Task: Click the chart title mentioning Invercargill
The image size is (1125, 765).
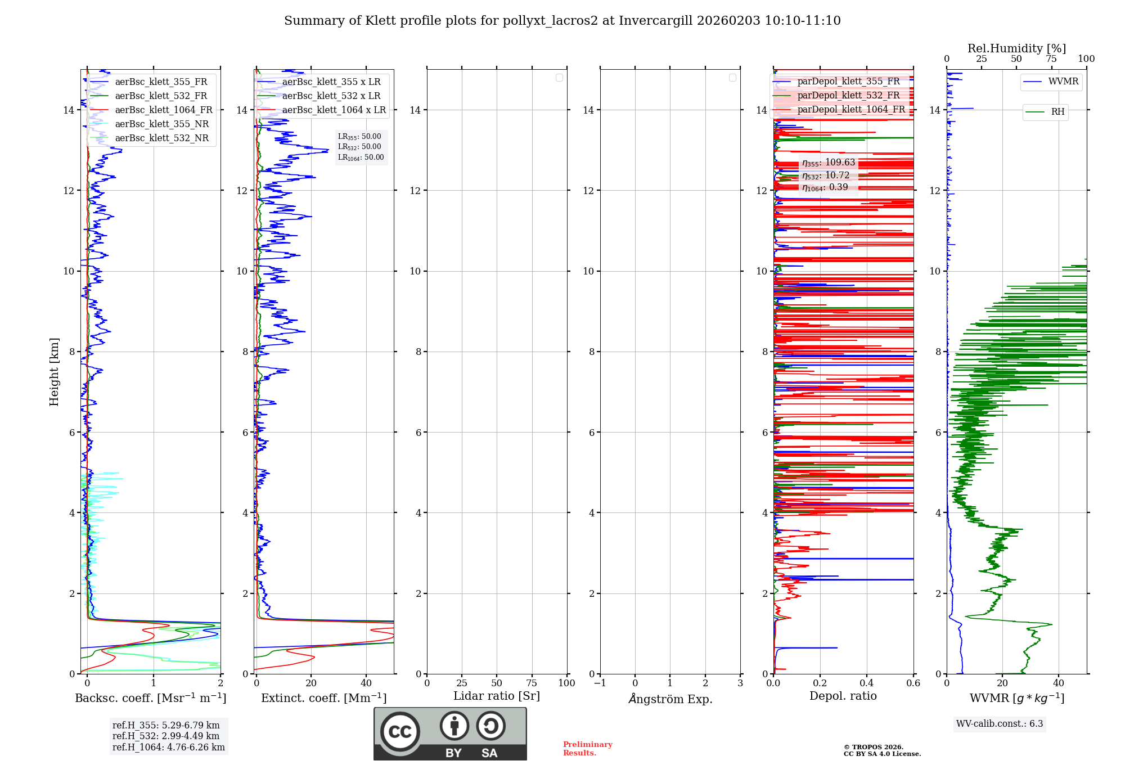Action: [x=562, y=21]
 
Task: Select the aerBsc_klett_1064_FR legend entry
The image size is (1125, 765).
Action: [x=163, y=110]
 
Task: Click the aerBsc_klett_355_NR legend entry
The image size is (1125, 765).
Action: [x=161, y=124]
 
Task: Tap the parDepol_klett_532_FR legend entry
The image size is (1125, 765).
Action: [x=848, y=96]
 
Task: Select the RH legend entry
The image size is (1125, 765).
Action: [x=1057, y=112]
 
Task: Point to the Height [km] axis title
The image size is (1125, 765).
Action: [x=54, y=372]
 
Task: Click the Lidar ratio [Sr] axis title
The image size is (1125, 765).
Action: [x=497, y=696]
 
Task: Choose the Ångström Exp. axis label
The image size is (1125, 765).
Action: [x=670, y=699]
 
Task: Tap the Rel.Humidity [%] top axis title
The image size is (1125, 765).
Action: [x=1016, y=48]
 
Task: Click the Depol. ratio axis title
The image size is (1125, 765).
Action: [x=843, y=696]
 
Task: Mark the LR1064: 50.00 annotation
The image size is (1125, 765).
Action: [x=361, y=157]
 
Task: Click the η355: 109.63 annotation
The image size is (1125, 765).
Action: [x=829, y=163]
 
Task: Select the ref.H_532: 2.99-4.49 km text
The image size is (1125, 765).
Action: [x=166, y=736]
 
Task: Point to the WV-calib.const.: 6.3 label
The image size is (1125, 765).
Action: [x=1000, y=724]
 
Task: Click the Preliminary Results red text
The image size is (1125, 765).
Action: [x=587, y=749]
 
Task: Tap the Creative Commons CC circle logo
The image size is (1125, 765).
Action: [x=400, y=732]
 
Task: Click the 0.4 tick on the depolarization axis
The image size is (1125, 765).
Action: [x=867, y=683]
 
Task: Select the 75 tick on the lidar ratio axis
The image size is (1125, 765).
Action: [x=532, y=683]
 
